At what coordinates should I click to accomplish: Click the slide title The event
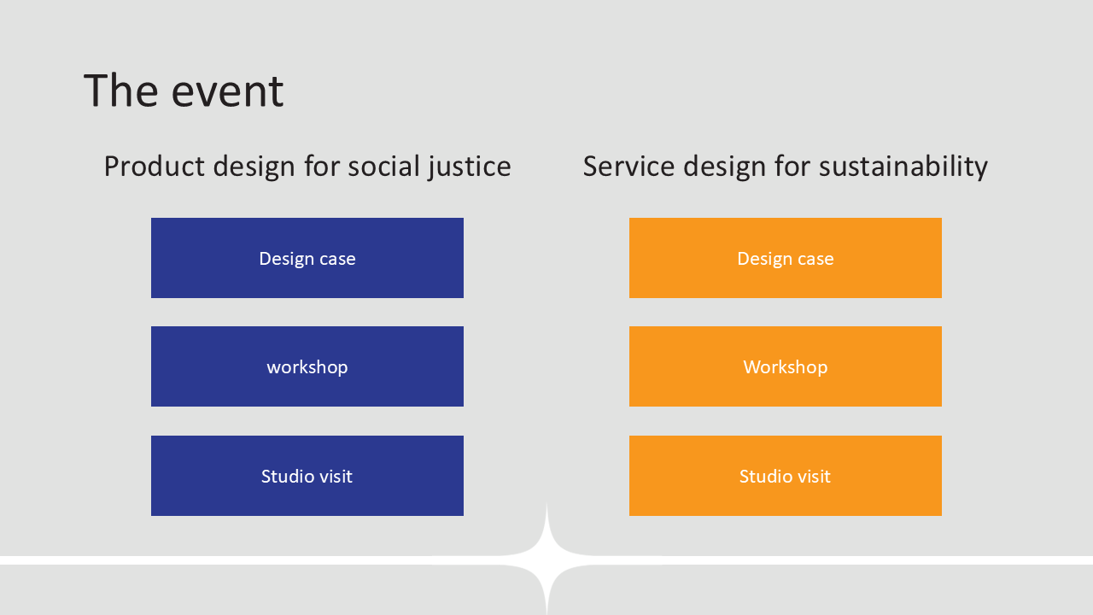pos(184,91)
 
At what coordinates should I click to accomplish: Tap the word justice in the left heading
pos(470,167)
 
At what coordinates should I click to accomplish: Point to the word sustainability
pos(903,167)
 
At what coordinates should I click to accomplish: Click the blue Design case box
pos(307,258)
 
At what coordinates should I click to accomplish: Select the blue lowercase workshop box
pos(307,366)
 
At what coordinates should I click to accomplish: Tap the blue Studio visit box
pos(307,476)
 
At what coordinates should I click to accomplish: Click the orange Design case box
pos(786,258)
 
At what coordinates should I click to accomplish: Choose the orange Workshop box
pos(786,366)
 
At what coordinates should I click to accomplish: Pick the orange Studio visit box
pos(786,476)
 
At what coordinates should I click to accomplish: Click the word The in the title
pos(121,91)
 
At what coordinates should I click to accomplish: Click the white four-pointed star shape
pos(546,560)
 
